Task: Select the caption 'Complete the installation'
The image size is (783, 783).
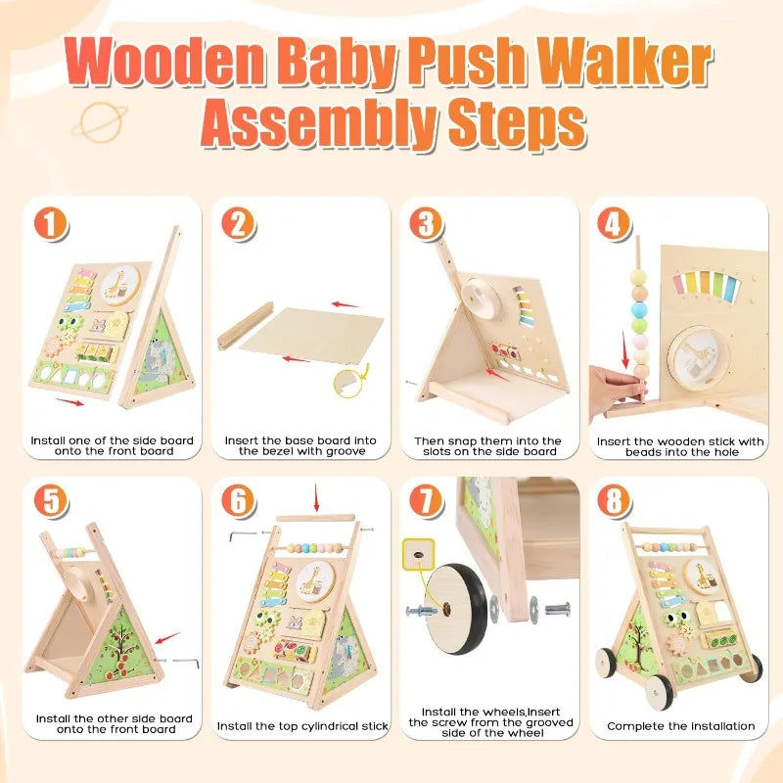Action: [x=680, y=726]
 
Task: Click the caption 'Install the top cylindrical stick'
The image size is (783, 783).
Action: [x=303, y=726]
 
